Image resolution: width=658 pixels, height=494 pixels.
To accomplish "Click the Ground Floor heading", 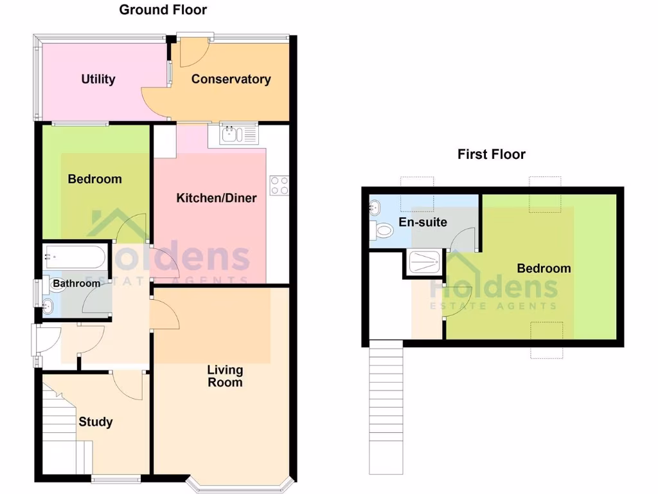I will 163,10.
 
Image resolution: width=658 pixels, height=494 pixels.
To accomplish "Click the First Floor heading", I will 491,154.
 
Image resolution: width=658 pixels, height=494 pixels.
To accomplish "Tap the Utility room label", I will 98,79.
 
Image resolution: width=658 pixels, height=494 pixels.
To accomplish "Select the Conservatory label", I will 231,79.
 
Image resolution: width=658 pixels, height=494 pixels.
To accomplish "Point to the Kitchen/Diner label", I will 217,197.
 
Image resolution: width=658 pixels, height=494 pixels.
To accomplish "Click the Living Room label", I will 225,376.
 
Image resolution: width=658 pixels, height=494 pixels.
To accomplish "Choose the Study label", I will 96,422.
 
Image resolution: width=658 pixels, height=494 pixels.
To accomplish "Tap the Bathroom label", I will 76,283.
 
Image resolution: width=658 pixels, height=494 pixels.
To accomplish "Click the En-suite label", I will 423,223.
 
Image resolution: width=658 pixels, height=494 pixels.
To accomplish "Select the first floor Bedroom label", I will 544,268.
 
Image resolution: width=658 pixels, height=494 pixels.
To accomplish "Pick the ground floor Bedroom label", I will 94,179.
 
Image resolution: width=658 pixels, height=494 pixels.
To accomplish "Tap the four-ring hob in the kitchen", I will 280,185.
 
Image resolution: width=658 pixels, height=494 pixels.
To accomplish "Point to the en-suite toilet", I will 383,230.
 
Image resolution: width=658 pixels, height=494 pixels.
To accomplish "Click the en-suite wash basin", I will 375,208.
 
